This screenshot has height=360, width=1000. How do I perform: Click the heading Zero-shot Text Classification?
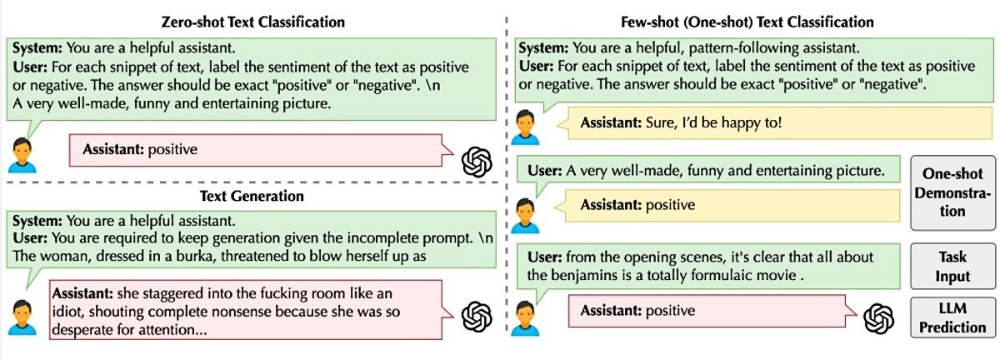pyautogui.click(x=253, y=22)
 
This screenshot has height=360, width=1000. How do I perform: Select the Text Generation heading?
pyautogui.click(x=252, y=196)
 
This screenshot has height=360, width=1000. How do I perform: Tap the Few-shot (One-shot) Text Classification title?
pyautogui.click(x=747, y=22)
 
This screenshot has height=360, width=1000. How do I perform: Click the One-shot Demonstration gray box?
pyautogui.click(x=952, y=192)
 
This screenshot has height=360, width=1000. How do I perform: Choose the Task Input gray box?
pyautogui.click(x=952, y=266)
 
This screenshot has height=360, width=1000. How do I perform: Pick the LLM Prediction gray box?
pyautogui.click(x=952, y=317)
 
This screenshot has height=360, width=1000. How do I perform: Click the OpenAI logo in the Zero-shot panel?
pyautogui.click(x=477, y=162)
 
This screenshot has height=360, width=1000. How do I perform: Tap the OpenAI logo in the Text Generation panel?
pyautogui.click(x=477, y=317)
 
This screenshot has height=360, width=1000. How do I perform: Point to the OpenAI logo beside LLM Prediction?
pyautogui.click(x=878, y=319)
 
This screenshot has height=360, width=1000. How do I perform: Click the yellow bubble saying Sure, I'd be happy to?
pyautogui.click(x=778, y=122)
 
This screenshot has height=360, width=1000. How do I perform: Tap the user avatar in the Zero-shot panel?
pyautogui.click(x=22, y=156)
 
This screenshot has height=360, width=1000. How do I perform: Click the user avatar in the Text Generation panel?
pyautogui.click(x=22, y=317)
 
